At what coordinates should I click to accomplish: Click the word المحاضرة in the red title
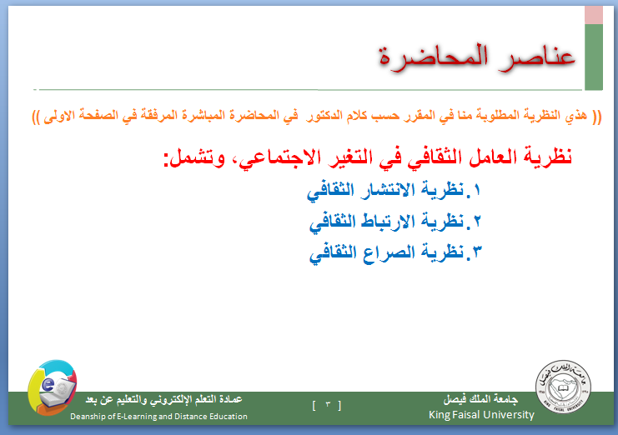click(x=434, y=57)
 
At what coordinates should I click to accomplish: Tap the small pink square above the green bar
click(x=594, y=15)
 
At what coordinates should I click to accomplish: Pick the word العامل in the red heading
click(x=485, y=157)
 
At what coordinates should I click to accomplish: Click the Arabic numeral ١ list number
click(x=476, y=190)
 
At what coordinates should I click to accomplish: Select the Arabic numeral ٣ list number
click(x=477, y=252)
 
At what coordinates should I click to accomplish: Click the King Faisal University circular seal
click(x=563, y=386)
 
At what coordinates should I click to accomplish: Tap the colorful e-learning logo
click(x=53, y=387)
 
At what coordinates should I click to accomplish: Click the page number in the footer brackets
click(x=328, y=404)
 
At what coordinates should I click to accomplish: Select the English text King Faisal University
click(x=481, y=415)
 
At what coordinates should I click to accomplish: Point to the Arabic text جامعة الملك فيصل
click(x=481, y=399)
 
